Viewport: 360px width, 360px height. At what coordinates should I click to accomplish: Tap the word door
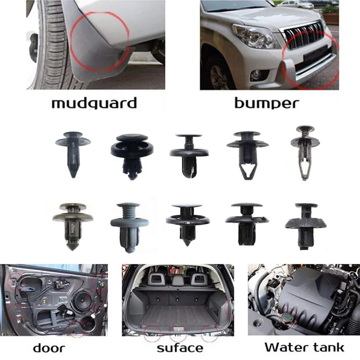coord(49,348)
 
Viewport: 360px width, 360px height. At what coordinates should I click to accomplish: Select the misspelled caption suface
coord(180,348)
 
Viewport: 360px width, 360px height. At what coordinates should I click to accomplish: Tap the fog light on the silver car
coord(256,75)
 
